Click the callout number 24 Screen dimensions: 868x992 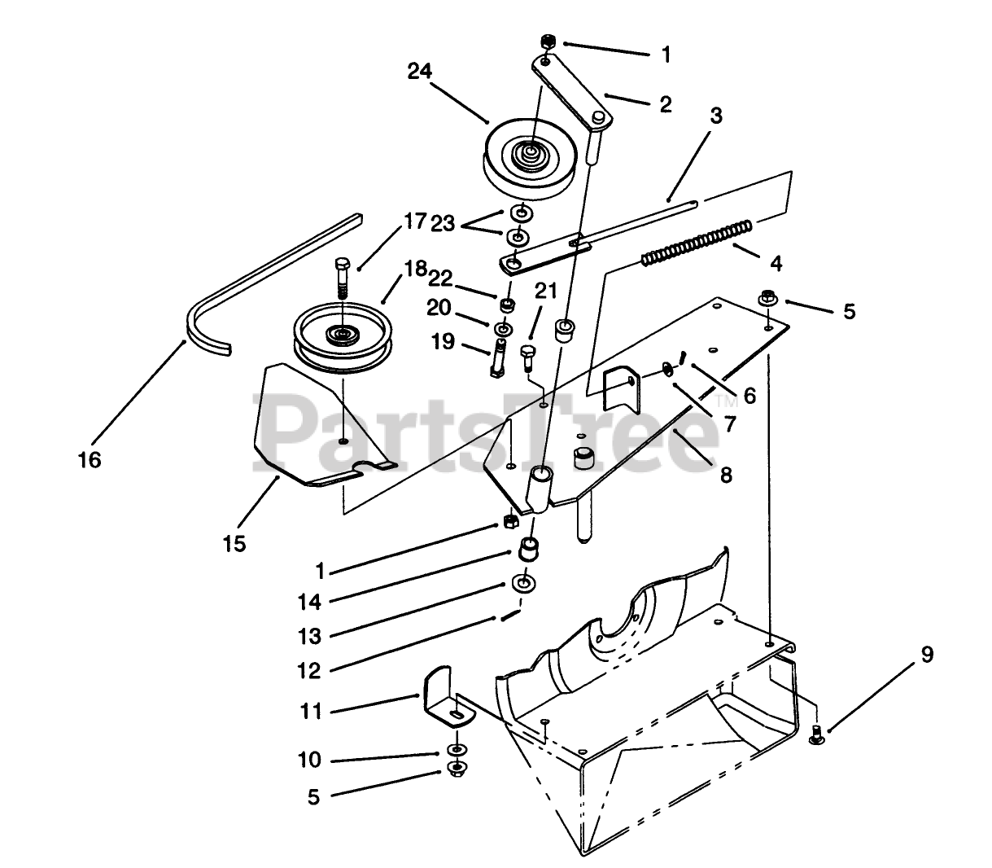click(x=420, y=72)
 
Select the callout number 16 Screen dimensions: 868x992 click(x=90, y=460)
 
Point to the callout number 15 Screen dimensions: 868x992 click(x=234, y=543)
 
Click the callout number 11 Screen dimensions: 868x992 click(x=311, y=712)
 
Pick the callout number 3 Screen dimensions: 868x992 click(x=715, y=116)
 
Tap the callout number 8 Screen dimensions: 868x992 click(x=726, y=474)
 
